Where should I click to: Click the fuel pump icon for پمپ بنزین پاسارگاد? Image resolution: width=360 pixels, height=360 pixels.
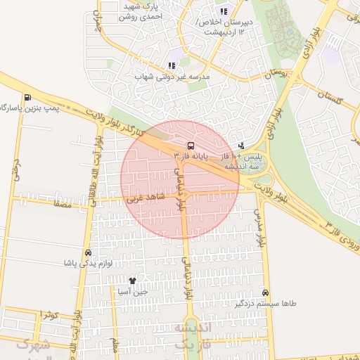27,98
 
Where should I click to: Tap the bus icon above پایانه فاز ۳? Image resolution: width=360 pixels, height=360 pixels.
190,145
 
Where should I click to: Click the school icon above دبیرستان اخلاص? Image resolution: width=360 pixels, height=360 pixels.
224,12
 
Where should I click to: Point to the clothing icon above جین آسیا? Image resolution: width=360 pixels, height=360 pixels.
132,281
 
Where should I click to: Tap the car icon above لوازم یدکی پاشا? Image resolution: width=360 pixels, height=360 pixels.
88,252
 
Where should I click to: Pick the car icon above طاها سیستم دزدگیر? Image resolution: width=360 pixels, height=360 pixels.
265,292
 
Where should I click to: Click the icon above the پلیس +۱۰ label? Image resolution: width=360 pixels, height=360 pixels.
242,145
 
